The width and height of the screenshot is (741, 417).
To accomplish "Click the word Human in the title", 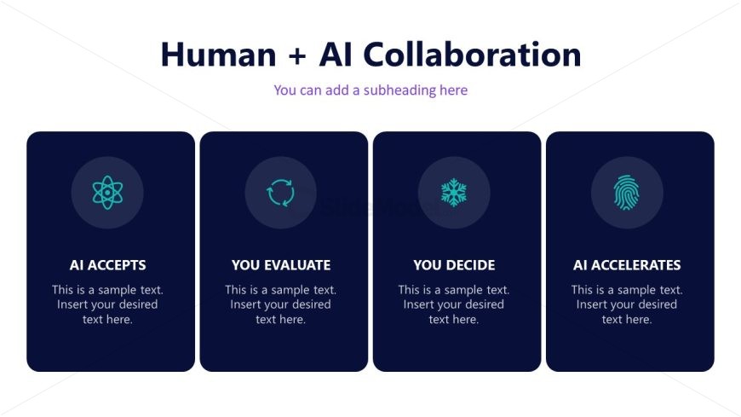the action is [x=218, y=55].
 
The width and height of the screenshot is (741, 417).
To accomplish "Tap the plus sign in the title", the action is [x=297, y=55].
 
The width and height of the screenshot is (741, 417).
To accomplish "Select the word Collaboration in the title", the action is [x=472, y=54].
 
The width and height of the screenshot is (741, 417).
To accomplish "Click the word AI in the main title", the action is [x=336, y=55].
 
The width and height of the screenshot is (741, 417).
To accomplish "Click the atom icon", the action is [x=107, y=193].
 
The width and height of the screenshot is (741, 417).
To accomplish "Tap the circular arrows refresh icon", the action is [x=281, y=193].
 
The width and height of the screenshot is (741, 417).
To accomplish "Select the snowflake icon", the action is [x=454, y=193].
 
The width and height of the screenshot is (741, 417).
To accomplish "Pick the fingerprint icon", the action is [x=627, y=193].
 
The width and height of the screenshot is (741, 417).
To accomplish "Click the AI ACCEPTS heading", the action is [x=108, y=265].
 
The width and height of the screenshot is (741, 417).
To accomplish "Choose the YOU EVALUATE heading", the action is [x=281, y=265].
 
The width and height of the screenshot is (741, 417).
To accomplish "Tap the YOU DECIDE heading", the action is [x=454, y=265].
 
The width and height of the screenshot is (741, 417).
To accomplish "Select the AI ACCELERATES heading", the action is [x=627, y=265].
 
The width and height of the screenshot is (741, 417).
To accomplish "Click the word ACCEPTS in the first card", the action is [x=117, y=265].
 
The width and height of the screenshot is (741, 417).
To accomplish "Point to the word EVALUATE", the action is [x=297, y=265].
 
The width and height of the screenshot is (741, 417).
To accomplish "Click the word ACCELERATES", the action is [x=636, y=265].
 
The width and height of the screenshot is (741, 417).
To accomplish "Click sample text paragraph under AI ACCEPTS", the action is [x=108, y=304].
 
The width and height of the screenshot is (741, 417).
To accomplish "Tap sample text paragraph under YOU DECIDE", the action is [x=454, y=304].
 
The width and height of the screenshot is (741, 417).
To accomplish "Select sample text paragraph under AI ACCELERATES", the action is [x=627, y=304].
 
